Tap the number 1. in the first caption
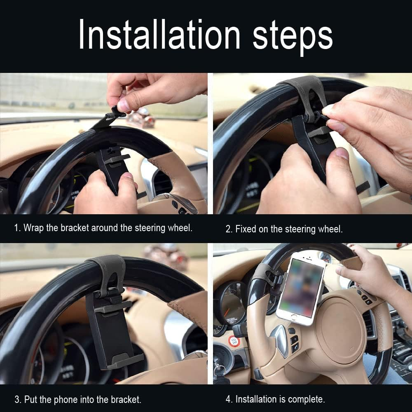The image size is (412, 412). (x=17, y=228)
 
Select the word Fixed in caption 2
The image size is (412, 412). (x=246, y=229)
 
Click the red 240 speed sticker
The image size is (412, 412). (x=234, y=341)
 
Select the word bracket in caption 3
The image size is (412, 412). (x=126, y=399)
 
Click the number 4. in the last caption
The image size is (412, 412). (x=229, y=399)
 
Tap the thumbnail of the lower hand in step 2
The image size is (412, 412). (x=342, y=154)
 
